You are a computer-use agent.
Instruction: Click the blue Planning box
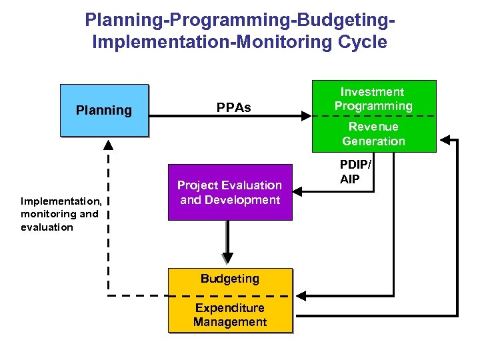point(104,110)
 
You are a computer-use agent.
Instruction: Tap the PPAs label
point(234,108)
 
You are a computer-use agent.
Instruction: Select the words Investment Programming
point(373,99)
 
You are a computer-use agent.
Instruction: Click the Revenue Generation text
point(373,133)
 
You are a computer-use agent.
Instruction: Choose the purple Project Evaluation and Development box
point(230,192)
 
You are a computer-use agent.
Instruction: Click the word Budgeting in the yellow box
point(230,278)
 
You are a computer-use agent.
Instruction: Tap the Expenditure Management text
point(230,315)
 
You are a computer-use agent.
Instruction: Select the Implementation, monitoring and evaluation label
point(60,213)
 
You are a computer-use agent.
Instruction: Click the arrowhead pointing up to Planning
point(108,144)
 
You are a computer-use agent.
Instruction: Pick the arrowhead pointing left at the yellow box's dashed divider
point(299,295)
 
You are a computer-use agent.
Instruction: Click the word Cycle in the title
point(360,43)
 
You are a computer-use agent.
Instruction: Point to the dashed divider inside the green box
point(373,116)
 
